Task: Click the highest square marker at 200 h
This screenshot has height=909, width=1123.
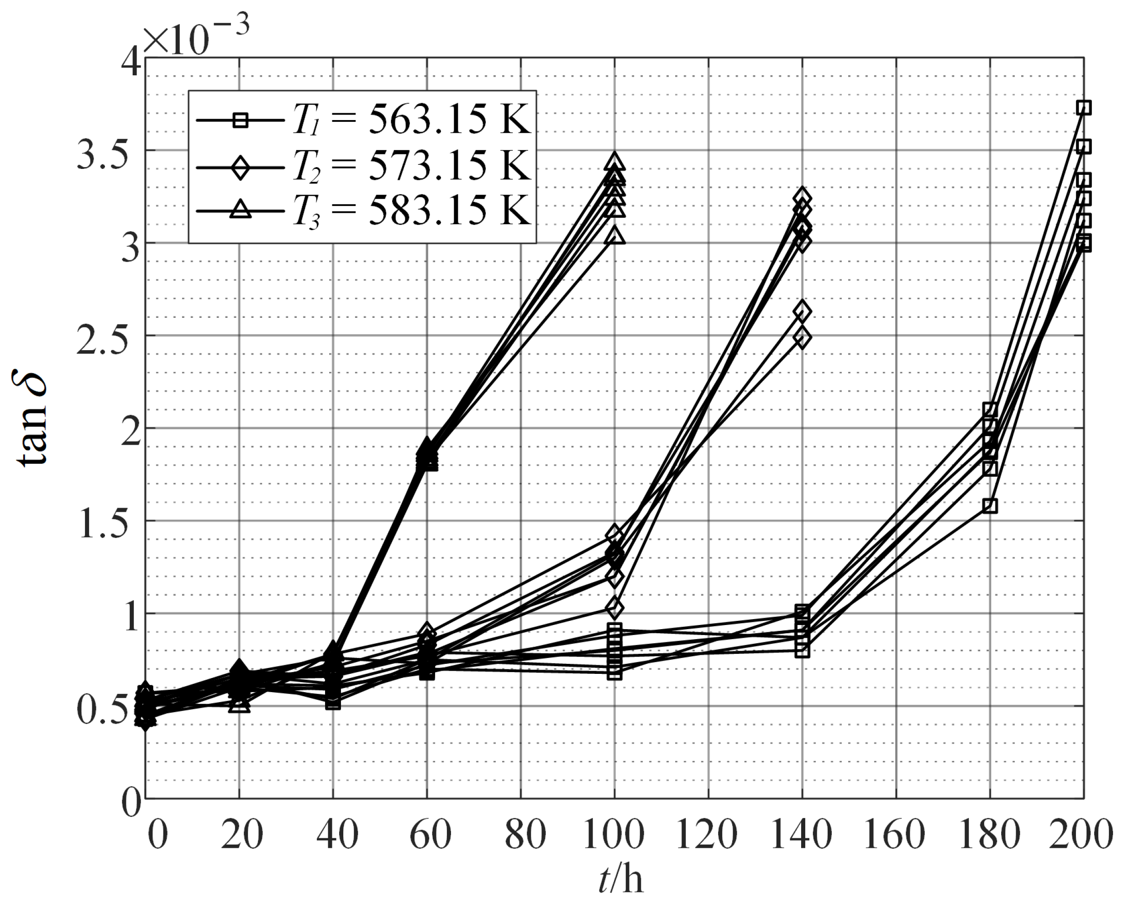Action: point(1083,108)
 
